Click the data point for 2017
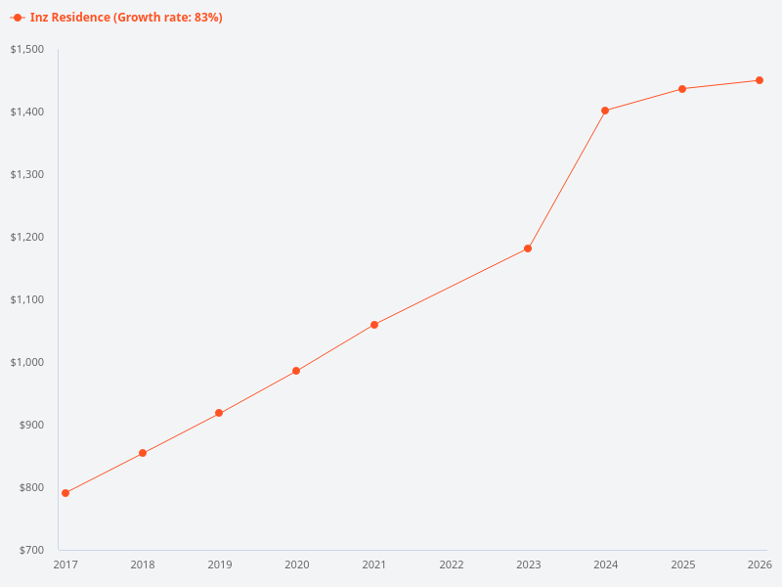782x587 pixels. tap(65, 493)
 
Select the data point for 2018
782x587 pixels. tap(143, 453)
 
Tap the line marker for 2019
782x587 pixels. tap(219, 413)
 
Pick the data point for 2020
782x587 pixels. tap(296, 371)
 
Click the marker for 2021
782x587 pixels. tap(374, 325)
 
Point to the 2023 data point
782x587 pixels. tap(528, 248)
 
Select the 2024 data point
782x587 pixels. tap(605, 111)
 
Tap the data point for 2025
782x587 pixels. tap(682, 89)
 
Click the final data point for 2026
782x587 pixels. tap(760, 80)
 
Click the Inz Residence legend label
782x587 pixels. tap(126, 18)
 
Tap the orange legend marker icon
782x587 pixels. tap(18, 18)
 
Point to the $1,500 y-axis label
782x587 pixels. tap(26, 49)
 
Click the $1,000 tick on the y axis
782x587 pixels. tap(26, 362)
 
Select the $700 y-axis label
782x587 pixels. tap(31, 550)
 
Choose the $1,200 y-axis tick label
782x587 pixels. tap(26, 237)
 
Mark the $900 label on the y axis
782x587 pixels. tap(31, 425)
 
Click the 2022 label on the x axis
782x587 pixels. tap(452, 564)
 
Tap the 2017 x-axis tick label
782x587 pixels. tap(65, 564)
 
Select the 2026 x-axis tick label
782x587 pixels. tap(760, 564)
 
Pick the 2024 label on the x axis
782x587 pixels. tap(605, 564)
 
